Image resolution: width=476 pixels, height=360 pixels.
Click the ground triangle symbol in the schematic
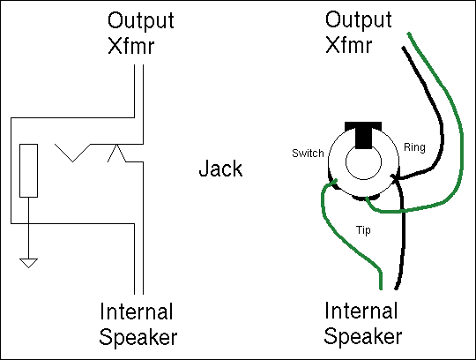(x=28, y=263)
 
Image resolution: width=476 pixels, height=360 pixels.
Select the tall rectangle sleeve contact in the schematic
(x=28, y=170)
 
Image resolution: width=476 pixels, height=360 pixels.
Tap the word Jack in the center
(x=220, y=169)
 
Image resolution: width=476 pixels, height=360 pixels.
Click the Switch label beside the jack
(x=308, y=153)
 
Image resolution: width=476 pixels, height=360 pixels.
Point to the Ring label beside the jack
(x=414, y=147)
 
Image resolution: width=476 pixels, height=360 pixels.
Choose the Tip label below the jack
(x=363, y=230)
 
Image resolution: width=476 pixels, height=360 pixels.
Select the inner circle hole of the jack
(x=363, y=161)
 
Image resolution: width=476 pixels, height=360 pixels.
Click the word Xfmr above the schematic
(x=131, y=46)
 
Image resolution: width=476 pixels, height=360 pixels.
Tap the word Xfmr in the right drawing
(x=348, y=45)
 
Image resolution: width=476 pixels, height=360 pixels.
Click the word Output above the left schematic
(x=141, y=21)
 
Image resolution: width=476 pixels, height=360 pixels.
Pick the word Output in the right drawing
(x=359, y=20)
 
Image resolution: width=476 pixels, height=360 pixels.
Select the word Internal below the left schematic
(x=137, y=311)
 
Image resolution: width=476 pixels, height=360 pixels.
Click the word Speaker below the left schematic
(x=138, y=338)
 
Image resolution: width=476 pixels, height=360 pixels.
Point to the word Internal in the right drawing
(x=361, y=311)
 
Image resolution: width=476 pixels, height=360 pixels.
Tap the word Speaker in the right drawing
(x=363, y=336)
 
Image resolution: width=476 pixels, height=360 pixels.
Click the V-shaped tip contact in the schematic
(x=73, y=153)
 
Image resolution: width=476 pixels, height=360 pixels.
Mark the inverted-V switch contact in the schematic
(x=116, y=154)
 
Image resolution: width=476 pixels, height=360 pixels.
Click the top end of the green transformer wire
(x=409, y=34)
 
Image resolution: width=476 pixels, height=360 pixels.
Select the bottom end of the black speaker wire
(x=396, y=288)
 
